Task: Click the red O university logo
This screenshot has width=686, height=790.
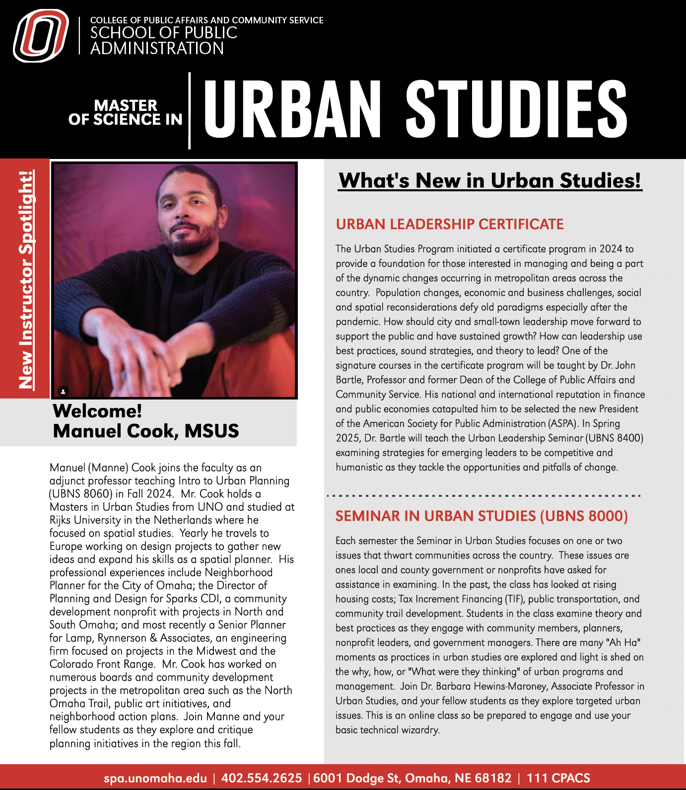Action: tap(41, 36)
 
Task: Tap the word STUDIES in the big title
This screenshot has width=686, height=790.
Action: tap(516, 109)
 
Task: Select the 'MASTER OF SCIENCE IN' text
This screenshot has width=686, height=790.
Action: tap(126, 113)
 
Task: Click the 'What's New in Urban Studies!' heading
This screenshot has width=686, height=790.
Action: tap(490, 180)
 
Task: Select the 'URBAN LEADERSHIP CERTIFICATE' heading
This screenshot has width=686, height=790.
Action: tap(450, 225)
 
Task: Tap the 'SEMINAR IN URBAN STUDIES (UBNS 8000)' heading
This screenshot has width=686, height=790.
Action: tap(481, 516)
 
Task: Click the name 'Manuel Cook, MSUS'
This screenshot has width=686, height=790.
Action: tap(146, 431)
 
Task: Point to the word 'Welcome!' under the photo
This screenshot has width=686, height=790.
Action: tap(97, 411)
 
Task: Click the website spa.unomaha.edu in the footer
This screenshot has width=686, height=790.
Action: tap(155, 778)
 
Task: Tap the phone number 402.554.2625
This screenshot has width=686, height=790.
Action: tap(262, 778)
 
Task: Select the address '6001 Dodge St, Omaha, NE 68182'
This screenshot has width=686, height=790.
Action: tap(412, 778)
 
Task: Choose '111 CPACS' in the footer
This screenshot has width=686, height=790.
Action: tap(558, 778)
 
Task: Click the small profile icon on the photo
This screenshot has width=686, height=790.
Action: tap(63, 392)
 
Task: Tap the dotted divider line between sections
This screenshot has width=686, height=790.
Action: tap(484, 496)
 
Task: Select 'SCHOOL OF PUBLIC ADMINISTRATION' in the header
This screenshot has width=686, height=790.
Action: tap(164, 40)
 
